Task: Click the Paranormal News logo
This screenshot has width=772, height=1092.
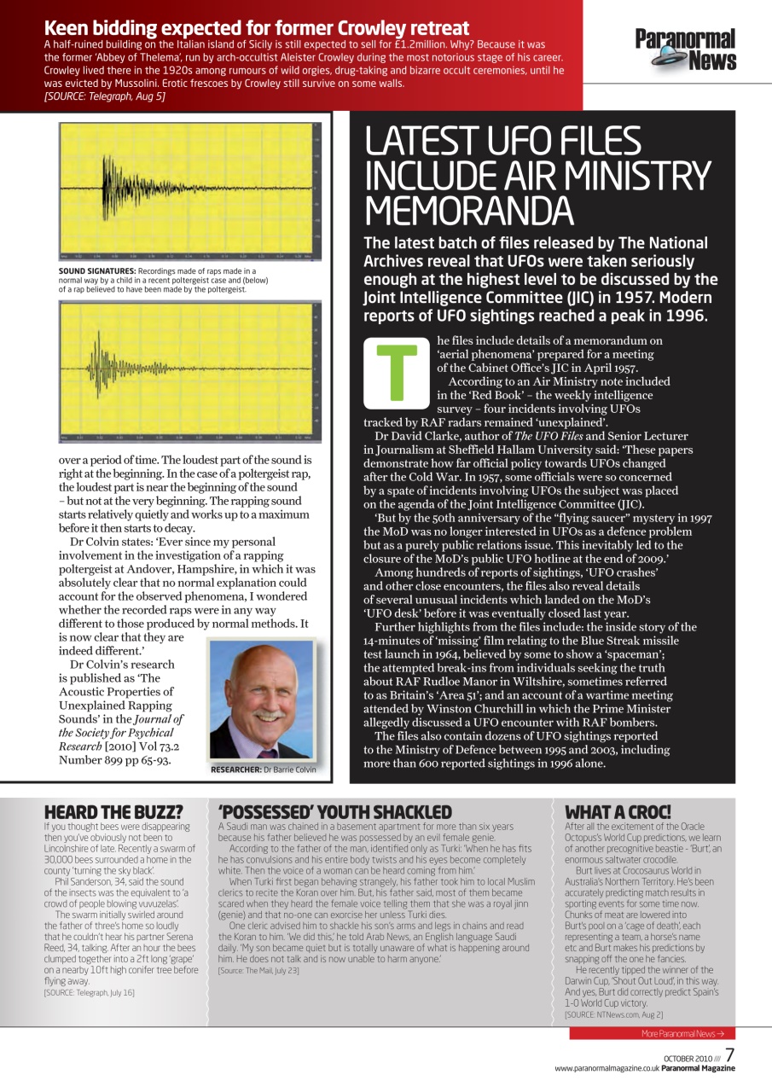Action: (x=685, y=49)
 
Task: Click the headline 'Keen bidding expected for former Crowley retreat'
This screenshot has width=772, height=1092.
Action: (x=256, y=28)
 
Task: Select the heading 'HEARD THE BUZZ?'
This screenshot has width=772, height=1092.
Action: (x=113, y=812)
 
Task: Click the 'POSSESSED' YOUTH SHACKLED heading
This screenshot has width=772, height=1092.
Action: (x=334, y=812)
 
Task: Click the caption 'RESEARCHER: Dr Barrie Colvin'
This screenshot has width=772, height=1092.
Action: (x=263, y=770)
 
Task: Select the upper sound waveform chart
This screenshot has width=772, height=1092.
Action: (x=189, y=191)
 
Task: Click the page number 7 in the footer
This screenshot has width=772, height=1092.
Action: (x=730, y=1055)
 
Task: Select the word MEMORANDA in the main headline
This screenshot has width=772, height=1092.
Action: (x=469, y=210)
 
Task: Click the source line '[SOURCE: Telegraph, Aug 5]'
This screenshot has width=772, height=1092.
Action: (x=104, y=96)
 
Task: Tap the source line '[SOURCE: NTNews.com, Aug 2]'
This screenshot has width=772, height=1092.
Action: (x=613, y=1014)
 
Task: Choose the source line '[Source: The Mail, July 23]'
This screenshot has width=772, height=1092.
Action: (x=258, y=971)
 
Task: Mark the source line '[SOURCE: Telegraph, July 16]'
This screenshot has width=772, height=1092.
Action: (x=89, y=992)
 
